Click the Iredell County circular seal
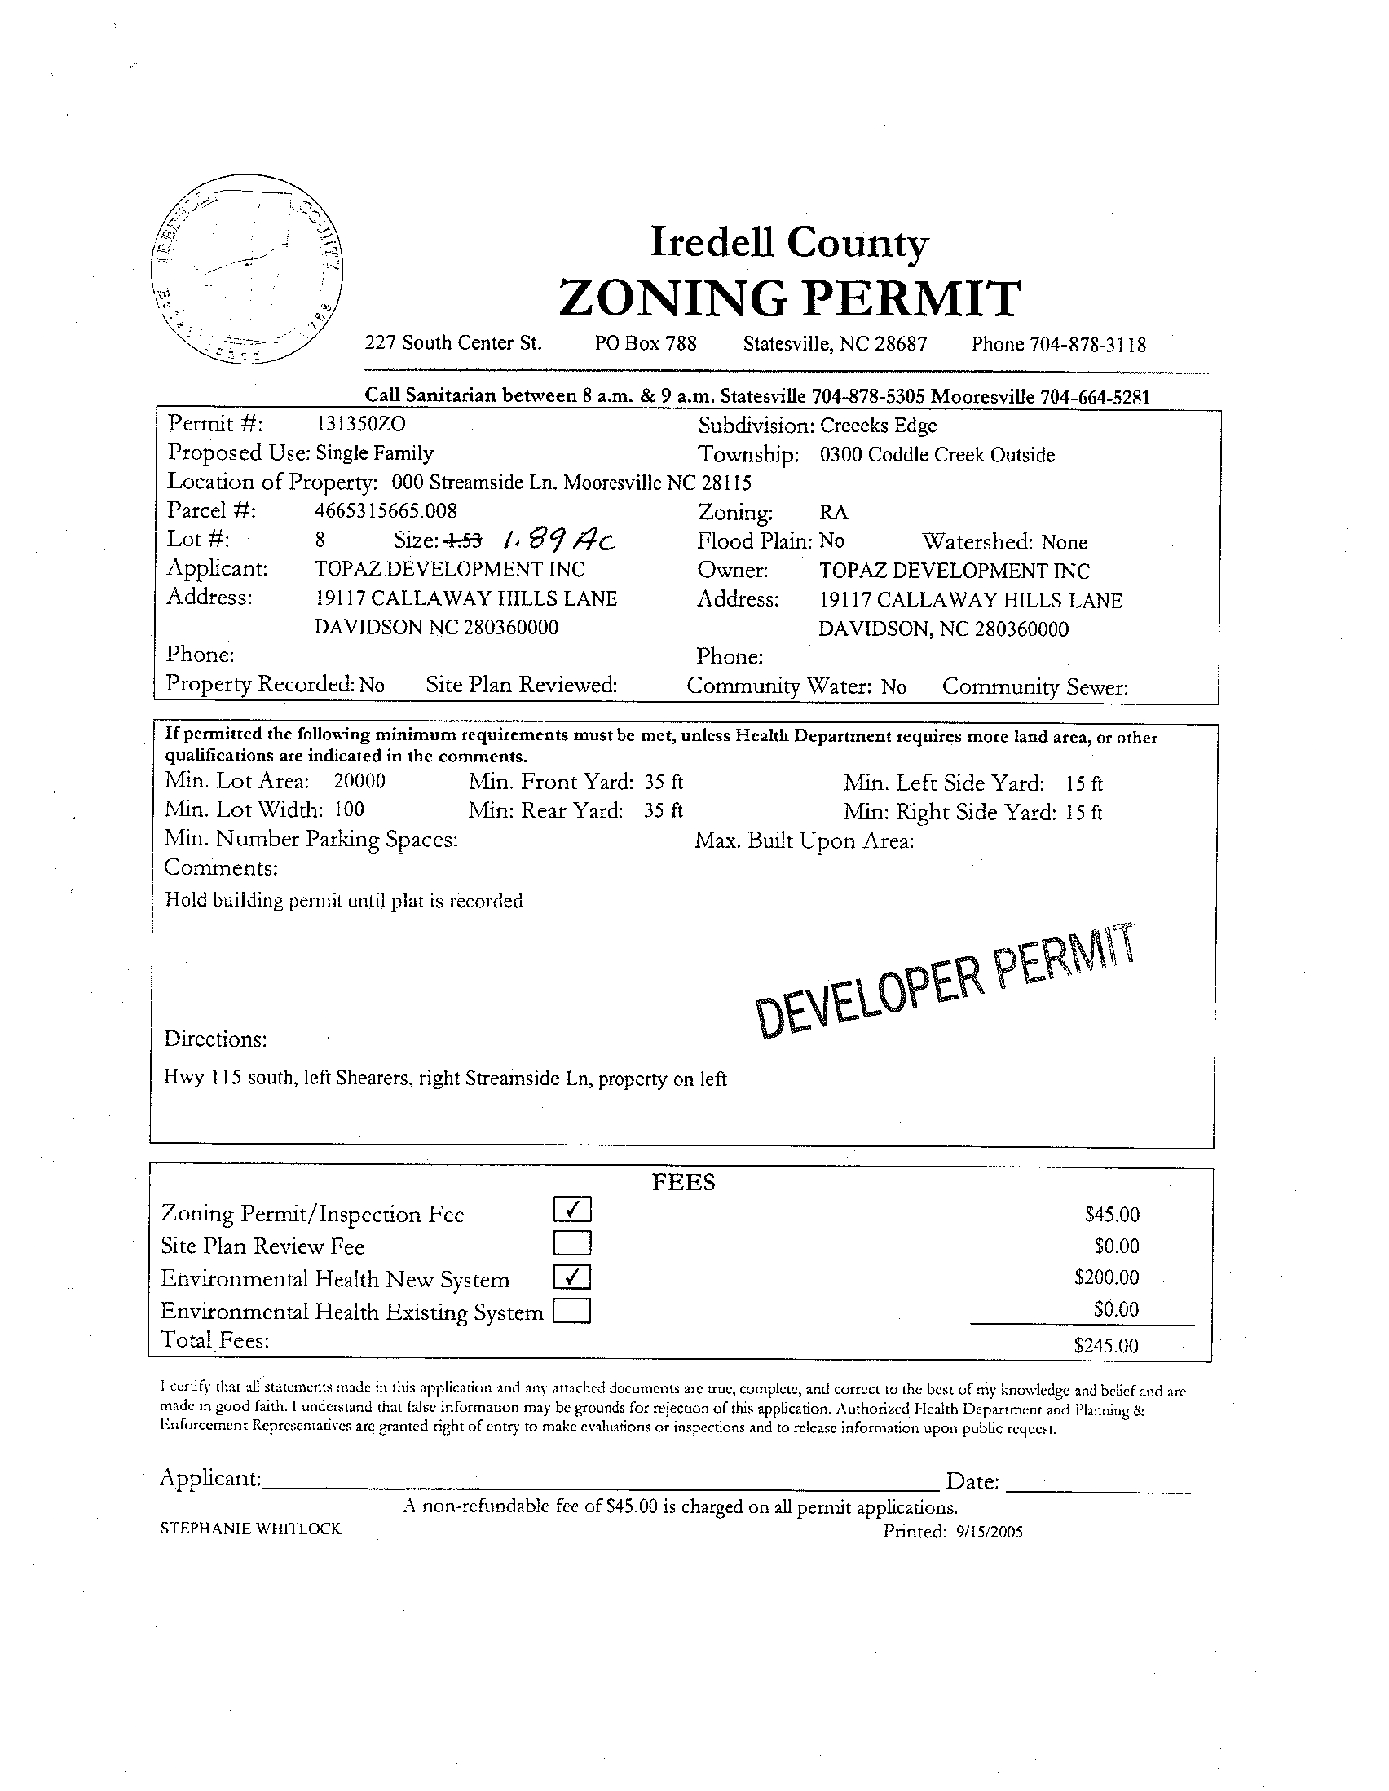247,276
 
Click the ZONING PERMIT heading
790,298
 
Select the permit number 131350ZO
360,424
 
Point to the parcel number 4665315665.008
386,511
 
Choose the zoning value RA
833,514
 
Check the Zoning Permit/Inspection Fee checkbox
572,1210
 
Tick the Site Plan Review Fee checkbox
572,1244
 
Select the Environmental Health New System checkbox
572,1277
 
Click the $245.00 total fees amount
1105,1346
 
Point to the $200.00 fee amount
1106,1277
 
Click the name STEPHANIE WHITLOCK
251,1529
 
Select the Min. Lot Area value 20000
359,781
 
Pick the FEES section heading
683,1182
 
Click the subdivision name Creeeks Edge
878,426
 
